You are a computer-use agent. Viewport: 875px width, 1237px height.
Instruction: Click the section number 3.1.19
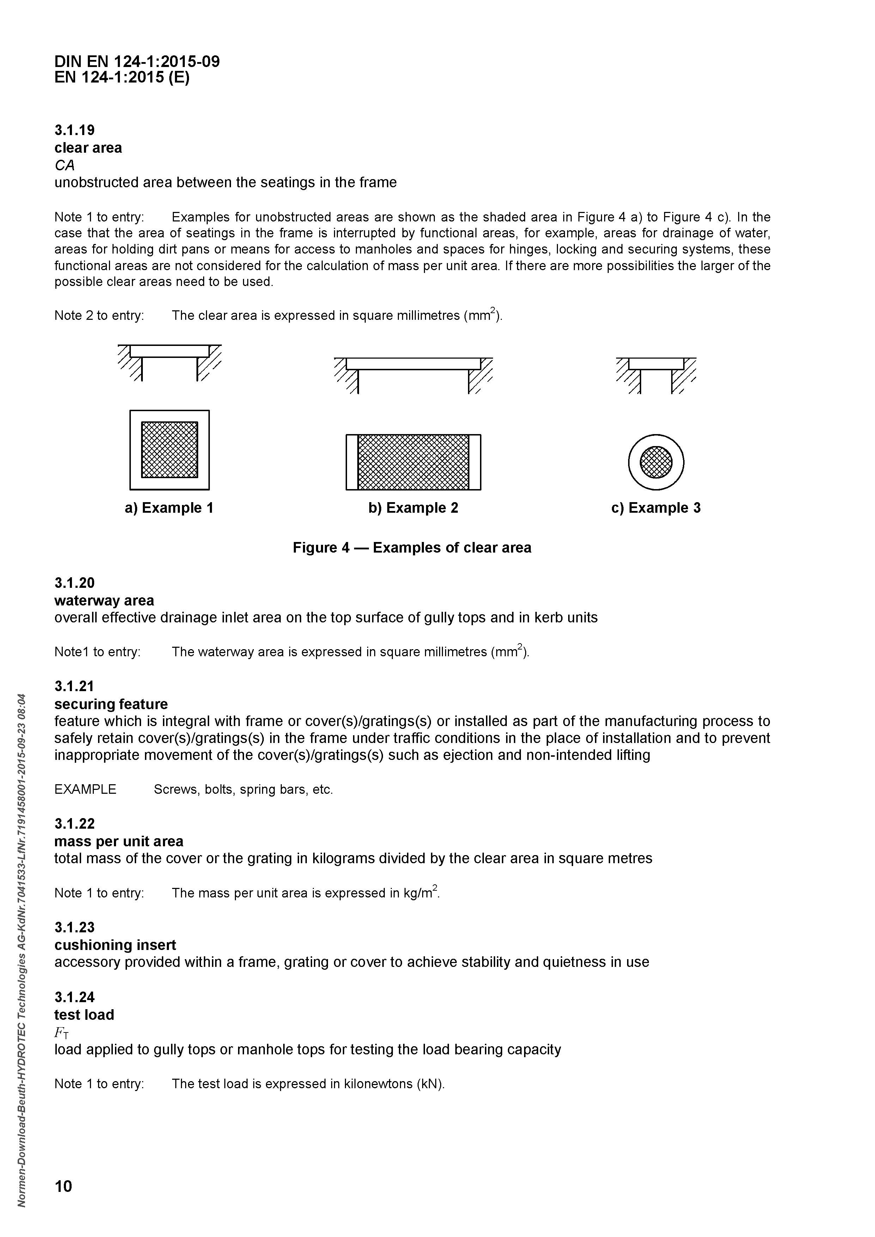[x=74, y=130]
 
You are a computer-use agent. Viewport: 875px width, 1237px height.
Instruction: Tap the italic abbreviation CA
[x=64, y=165]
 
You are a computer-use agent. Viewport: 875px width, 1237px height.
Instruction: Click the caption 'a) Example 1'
[x=169, y=508]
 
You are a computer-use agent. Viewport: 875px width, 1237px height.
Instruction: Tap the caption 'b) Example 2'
[x=413, y=508]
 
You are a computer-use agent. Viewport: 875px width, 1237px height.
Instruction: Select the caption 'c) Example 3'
[x=656, y=508]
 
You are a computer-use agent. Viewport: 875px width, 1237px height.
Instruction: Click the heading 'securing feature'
[x=111, y=704]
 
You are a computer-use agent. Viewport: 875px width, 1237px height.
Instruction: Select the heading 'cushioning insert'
[x=115, y=945]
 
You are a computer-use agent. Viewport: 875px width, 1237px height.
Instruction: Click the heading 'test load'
[x=84, y=1015]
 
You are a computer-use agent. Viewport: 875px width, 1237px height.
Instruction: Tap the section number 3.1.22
[x=74, y=824]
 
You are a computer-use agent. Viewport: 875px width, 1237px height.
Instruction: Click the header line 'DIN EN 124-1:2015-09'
[x=137, y=61]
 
